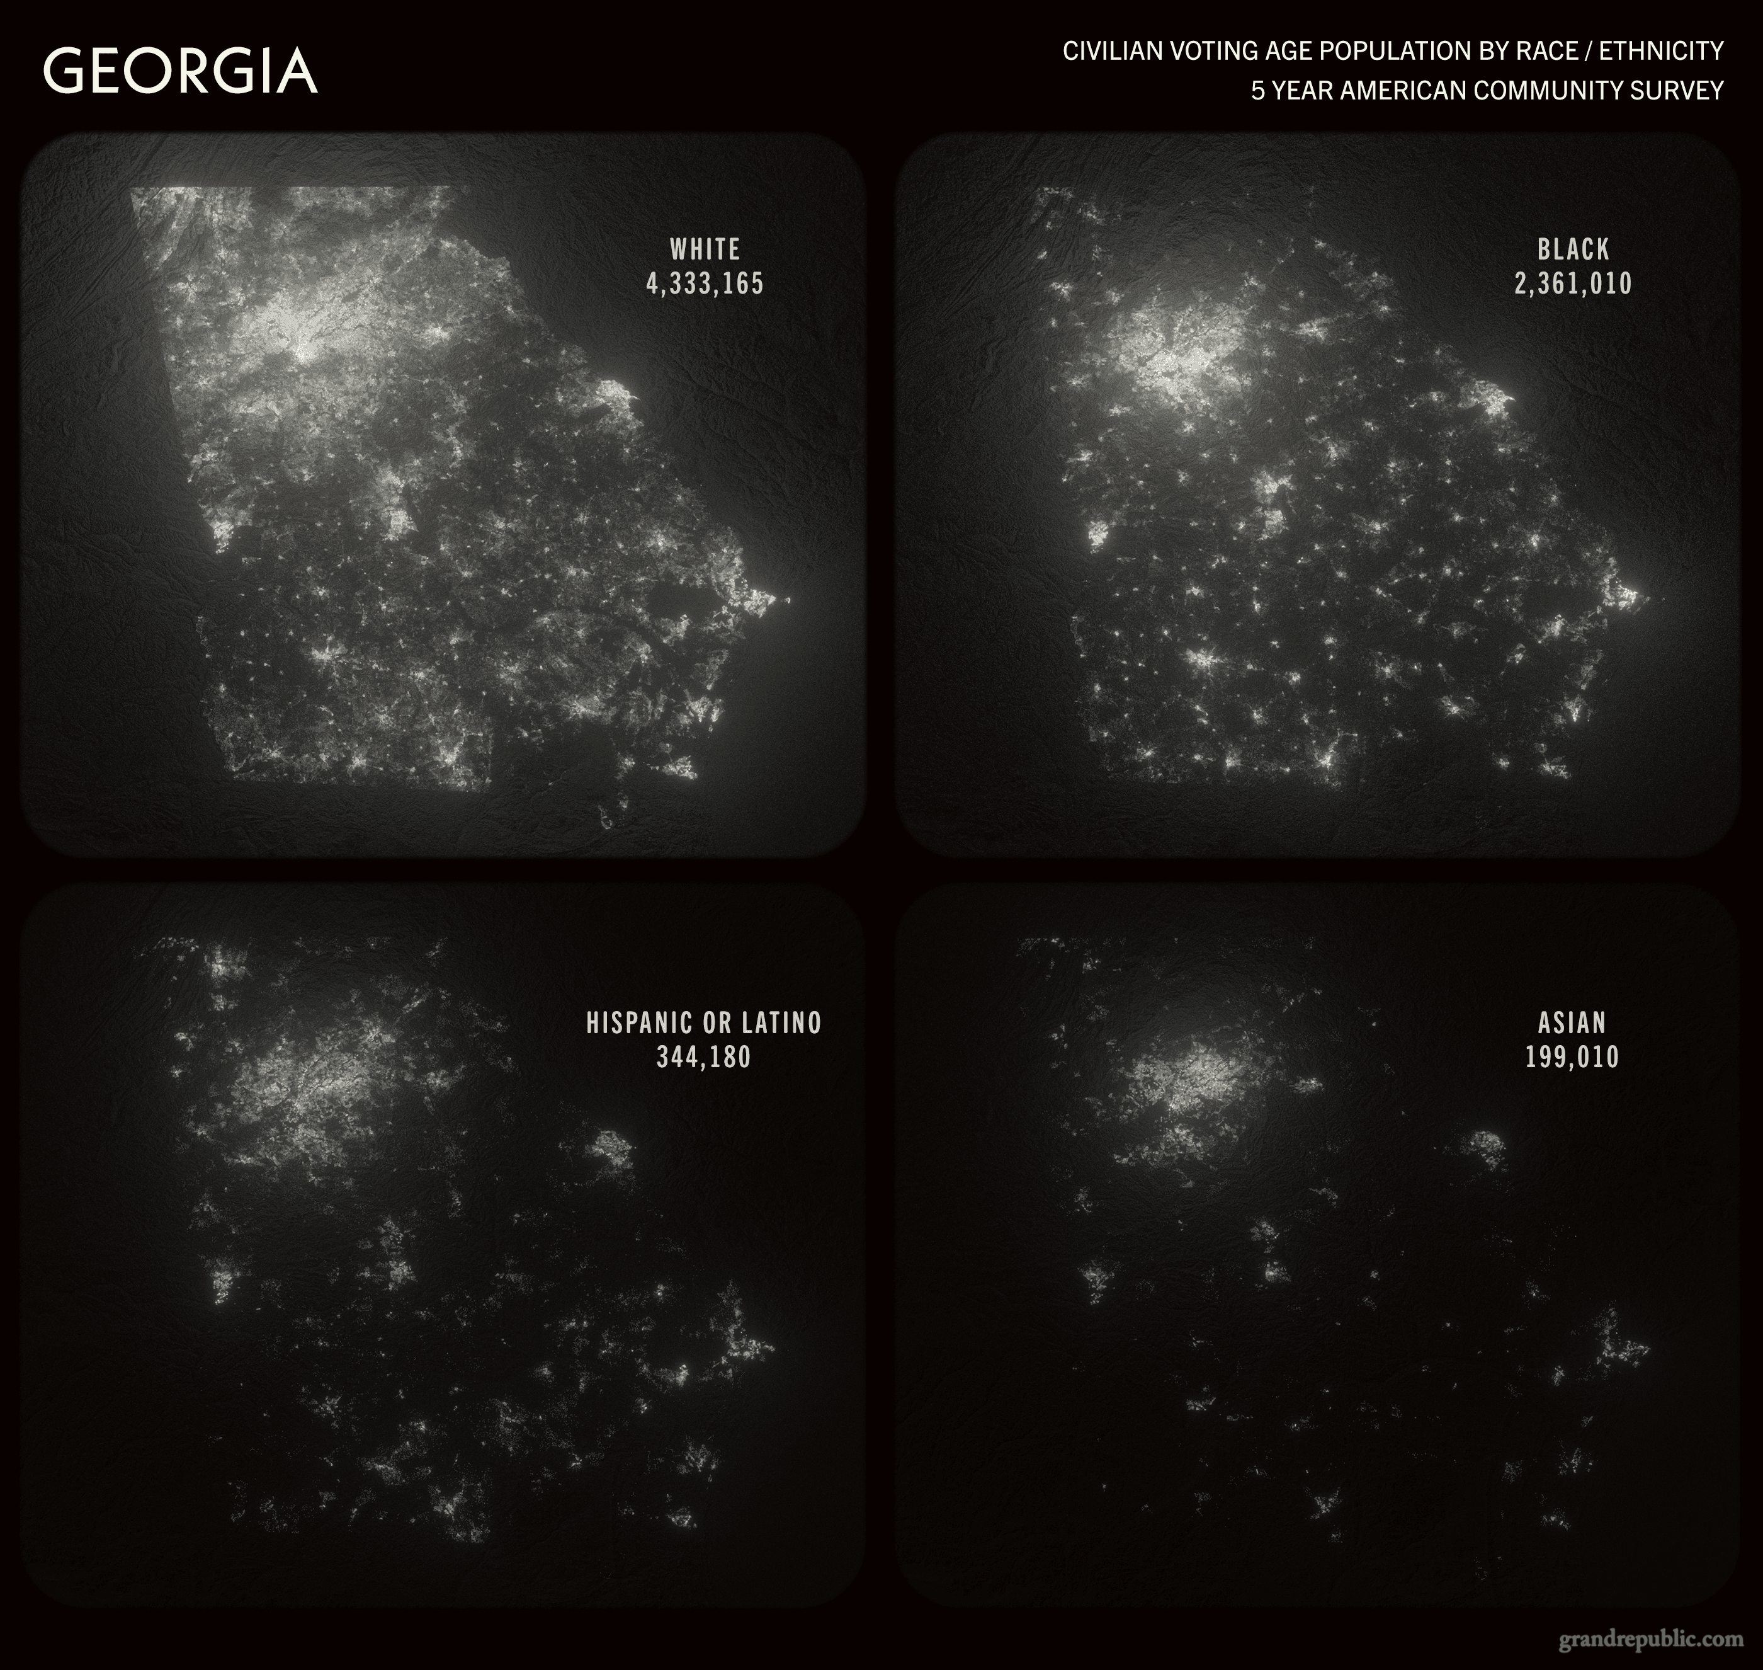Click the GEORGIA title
tap(180, 71)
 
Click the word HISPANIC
tap(640, 1023)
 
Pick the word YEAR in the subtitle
tap(1302, 91)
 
